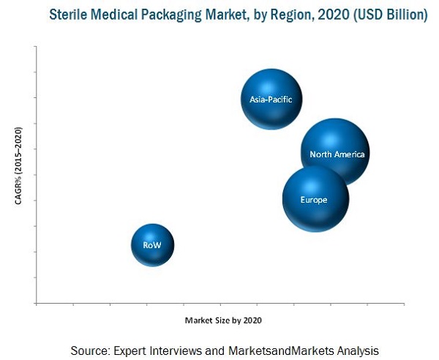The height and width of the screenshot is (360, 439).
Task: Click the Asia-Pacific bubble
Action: (x=271, y=100)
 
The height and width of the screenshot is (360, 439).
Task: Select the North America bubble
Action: (x=334, y=152)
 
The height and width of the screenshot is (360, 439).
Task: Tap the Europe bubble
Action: (x=315, y=198)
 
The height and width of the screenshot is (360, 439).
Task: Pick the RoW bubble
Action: (x=152, y=244)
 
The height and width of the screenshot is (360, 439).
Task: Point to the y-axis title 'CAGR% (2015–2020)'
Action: (x=18, y=166)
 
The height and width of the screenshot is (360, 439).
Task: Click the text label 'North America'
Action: (x=337, y=154)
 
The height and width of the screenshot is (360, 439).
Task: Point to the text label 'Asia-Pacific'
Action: (x=271, y=100)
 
